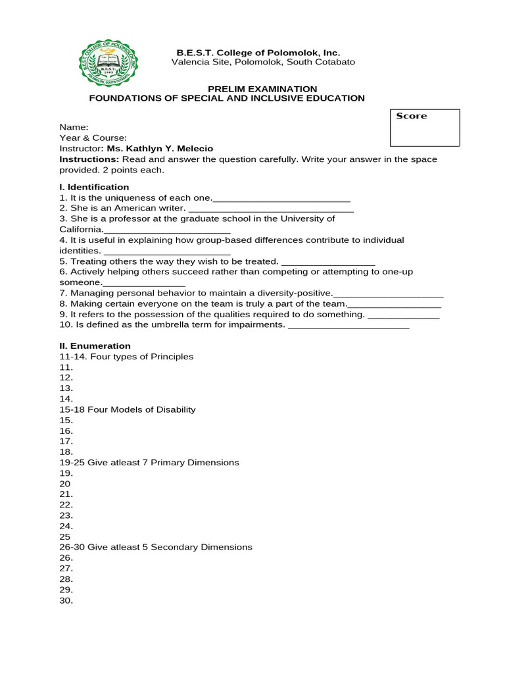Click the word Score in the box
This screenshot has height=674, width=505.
[x=411, y=116]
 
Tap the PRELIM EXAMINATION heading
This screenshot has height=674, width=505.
[x=262, y=89]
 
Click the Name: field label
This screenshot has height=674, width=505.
[x=74, y=127]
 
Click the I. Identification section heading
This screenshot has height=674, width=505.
[x=94, y=187]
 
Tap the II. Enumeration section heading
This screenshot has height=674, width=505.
[x=95, y=346]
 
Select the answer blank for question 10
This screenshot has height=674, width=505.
[x=349, y=326]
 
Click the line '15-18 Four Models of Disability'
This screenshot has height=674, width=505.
[x=128, y=409]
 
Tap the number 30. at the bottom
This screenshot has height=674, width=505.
[x=66, y=600]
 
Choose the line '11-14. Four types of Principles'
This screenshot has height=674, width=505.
[x=126, y=357]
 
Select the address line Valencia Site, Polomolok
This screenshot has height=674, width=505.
[x=263, y=62]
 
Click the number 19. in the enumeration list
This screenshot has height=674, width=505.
[x=66, y=473]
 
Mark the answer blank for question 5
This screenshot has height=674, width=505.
[x=327, y=262]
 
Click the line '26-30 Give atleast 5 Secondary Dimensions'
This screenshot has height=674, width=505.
[x=156, y=547]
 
